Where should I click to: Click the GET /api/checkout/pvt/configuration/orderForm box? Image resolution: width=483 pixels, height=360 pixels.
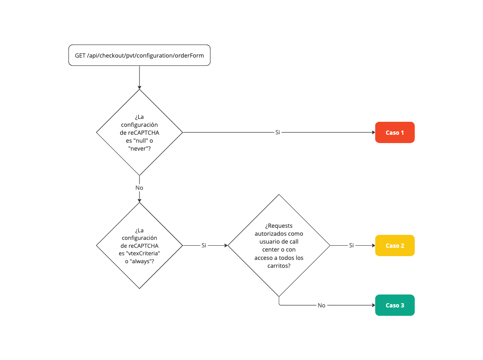coord(139,55)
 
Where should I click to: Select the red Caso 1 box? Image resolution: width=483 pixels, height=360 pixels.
coord(394,133)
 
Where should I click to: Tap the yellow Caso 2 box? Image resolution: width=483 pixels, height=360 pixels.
coord(394,246)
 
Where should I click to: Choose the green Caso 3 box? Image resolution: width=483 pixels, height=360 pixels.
coord(394,305)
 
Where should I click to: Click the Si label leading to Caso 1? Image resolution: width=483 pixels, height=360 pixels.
coord(278,132)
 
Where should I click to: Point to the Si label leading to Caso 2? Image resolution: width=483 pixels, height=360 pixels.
coord(351,245)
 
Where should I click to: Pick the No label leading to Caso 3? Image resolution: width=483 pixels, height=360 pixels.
coord(321,305)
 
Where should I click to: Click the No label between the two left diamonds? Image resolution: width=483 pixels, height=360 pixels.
coord(139,188)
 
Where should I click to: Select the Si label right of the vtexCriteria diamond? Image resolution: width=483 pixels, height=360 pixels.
coord(204,245)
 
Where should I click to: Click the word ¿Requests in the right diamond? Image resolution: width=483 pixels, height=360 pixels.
coord(279,226)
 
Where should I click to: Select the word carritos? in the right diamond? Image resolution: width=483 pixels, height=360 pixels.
coord(279,265)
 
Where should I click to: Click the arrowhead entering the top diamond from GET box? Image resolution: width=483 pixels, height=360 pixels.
coord(139,87)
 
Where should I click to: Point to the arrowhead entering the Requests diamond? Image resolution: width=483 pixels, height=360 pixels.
coord(225,246)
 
